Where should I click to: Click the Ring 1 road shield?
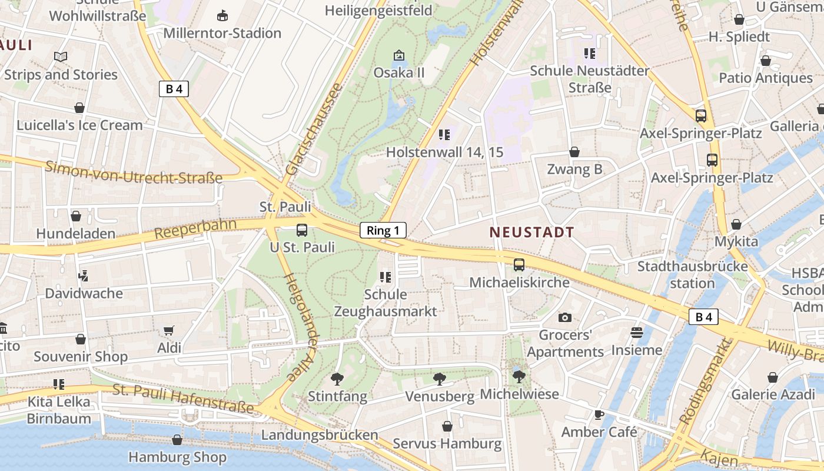pos(383,230)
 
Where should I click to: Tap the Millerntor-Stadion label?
pos(222,33)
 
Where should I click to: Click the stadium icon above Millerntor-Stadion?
pos(222,15)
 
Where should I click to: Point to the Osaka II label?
pos(399,73)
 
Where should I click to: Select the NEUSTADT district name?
pos(531,232)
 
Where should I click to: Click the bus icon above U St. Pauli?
pos(301,230)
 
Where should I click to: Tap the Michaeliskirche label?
pos(519,283)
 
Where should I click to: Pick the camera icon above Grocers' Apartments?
pos(565,318)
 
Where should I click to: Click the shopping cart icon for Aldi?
pos(169,331)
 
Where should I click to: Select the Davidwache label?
pos(84,293)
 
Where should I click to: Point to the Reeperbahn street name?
pos(195,229)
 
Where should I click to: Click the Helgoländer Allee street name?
pos(301,327)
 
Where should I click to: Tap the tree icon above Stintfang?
pos(337,379)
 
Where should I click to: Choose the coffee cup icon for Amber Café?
pos(599,415)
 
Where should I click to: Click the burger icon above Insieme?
pos(636,333)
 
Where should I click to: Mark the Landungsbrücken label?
pos(320,435)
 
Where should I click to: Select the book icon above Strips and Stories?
pos(61,57)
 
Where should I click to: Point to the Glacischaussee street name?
pos(313,130)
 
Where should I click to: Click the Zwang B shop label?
pos(574,170)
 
